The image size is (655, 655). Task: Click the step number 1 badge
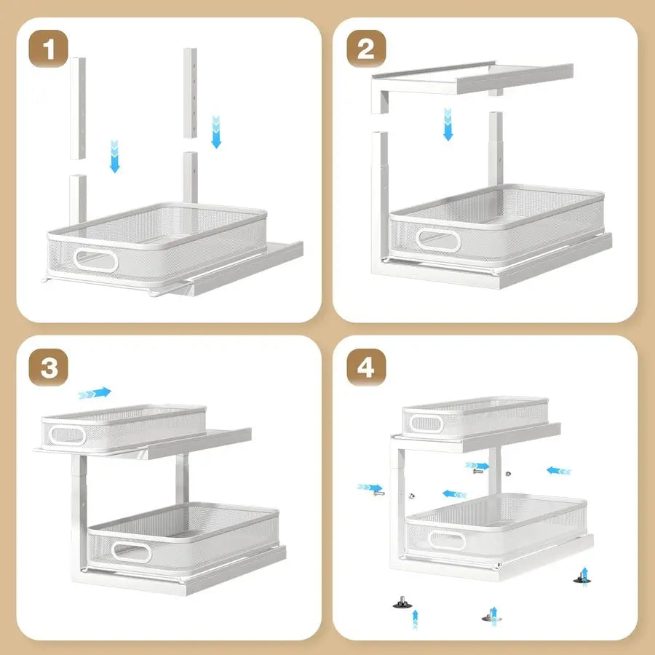point(49,50)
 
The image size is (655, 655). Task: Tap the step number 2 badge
point(366,50)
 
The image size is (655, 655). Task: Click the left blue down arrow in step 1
point(114,156)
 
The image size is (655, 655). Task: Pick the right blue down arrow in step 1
point(215,131)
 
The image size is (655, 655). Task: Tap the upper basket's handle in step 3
point(67,435)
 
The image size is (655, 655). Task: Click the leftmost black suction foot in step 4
point(400,603)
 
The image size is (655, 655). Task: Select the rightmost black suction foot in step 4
point(582,579)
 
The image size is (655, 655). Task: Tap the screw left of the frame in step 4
point(378,493)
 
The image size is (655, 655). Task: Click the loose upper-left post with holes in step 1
point(78,109)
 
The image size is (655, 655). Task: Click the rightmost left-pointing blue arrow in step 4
point(559,470)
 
